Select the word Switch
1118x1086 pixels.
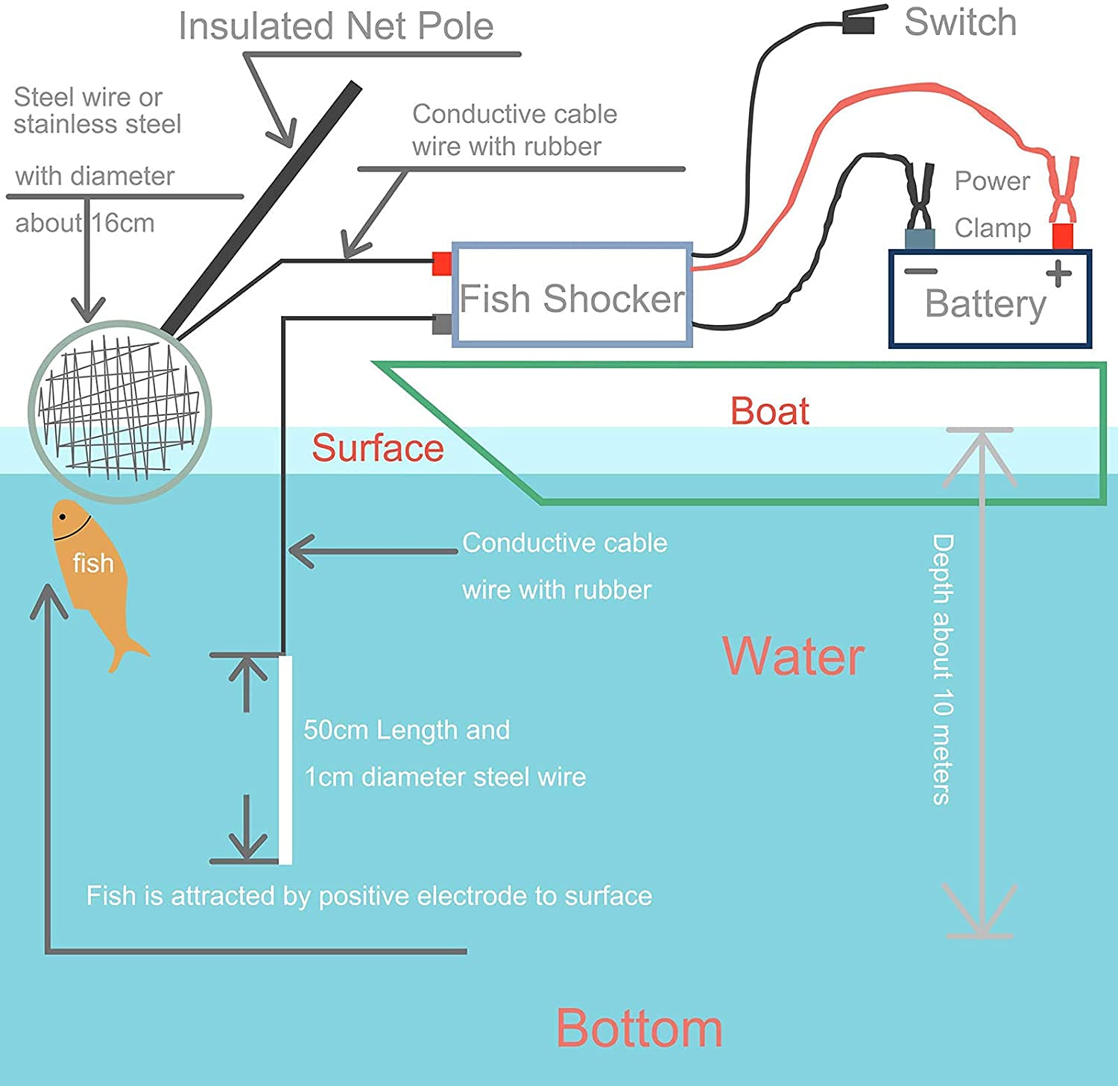point(960,22)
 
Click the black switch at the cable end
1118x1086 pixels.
point(862,22)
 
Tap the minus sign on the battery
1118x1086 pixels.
point(920,271)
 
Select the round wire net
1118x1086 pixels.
point(119,411)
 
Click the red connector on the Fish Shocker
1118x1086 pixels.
point(442,263)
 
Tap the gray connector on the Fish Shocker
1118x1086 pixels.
point(442,323)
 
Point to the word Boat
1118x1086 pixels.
point(769,411)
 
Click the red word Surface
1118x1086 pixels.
point(377,448)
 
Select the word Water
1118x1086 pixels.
point(793,657)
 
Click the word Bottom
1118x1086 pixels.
point(639,1029)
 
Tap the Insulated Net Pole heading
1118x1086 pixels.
point(335,26)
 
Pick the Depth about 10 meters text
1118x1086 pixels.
point(942,669)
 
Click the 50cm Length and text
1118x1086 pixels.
point(406,730)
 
